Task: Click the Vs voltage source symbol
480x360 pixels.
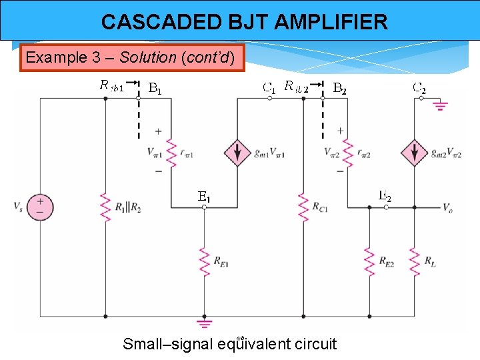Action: [40, 207]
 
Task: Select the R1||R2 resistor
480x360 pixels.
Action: [105, 207]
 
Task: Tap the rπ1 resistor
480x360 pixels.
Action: [171, 153]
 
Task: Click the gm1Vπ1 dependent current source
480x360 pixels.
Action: [237, 153]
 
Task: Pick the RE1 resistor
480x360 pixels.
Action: [204, 261]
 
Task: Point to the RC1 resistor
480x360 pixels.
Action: [303, 207]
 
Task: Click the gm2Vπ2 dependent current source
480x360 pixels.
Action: [414, 153]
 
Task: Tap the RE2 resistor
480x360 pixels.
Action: [369, 261]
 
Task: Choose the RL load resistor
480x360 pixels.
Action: [414, 261]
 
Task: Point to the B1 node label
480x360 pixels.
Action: [155, 87]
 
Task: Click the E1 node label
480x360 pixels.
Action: [204, 197]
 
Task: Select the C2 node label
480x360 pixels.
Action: [419, 87]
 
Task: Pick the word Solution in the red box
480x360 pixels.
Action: [147, 57]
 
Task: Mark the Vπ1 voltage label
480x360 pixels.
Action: [155, 153]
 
